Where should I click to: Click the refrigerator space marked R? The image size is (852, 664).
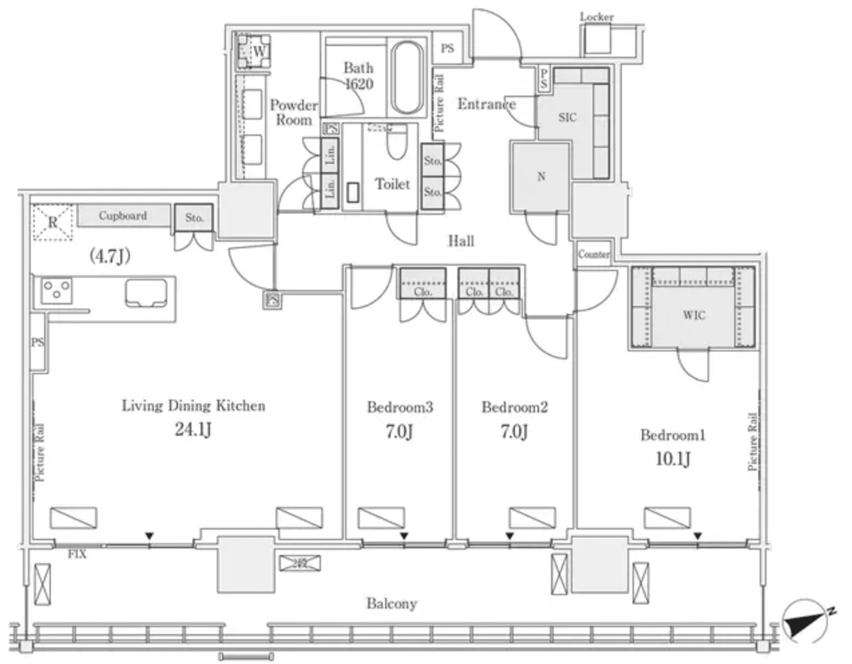tap(53, 221)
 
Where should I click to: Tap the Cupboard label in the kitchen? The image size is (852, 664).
tap(123, 215)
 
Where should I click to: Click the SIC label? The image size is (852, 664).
tap(567, 118)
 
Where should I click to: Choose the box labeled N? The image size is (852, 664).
tap(540, 177)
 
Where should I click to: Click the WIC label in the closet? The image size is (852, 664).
tap(694, 316)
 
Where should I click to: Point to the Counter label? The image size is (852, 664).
tap(594, 255)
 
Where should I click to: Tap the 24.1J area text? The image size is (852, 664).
tap(194, 431)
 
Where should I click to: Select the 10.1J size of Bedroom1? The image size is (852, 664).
tap(673, 459)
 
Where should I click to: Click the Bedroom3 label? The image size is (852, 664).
tap(400, 407)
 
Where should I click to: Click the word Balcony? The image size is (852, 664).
tap(391, 604)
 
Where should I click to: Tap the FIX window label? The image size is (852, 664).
tap(77, 554)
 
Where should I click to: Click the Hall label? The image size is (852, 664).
tap(461, 241)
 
